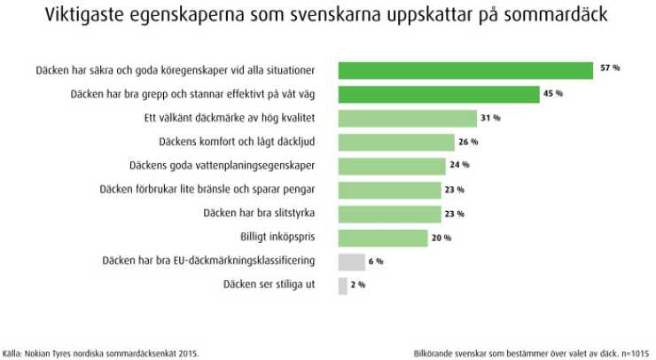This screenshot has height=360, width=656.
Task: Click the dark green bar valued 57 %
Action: coord(465,70)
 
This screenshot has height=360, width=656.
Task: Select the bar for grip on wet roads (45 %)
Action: coord(439,94)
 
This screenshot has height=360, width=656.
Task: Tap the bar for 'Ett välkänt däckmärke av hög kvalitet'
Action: coord(408,118)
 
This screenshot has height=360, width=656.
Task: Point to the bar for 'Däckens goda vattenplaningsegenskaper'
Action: coord(392,166)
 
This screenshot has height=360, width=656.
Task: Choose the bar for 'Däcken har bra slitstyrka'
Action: coord(390,214)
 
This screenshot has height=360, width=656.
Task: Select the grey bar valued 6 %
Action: coord(352,262)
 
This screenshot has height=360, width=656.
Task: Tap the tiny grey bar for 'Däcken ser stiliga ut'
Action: coord(343,286)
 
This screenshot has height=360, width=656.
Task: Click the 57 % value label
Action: coord(610,69)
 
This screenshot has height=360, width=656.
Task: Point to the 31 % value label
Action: coord(491,118)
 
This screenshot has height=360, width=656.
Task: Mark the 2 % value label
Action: coord(356,286)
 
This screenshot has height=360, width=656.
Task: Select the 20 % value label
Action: coord(441,238)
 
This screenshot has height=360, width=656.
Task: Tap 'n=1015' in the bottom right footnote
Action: coord(633,352)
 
